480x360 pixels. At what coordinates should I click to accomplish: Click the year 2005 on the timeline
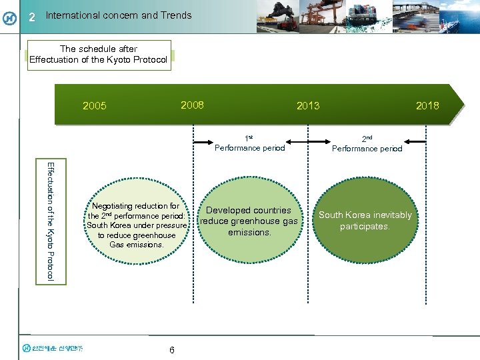94,105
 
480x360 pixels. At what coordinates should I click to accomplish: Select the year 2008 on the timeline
192,105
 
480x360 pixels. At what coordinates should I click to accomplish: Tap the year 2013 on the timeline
308,105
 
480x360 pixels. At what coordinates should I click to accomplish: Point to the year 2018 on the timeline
427,105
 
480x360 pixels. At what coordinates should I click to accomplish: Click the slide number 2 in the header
32,17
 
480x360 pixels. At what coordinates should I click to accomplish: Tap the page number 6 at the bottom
172,350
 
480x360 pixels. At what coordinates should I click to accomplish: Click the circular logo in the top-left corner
9,17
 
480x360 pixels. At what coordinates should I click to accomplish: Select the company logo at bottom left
57,347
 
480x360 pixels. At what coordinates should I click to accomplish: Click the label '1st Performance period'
249,144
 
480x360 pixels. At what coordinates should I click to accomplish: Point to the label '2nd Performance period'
367,144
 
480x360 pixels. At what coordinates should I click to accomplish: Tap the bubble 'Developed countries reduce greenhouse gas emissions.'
249,221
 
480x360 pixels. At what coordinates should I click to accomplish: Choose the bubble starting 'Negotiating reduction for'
136,225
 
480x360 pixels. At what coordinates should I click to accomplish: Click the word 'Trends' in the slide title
176,15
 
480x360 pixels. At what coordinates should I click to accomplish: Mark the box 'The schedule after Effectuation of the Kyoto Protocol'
98,55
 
